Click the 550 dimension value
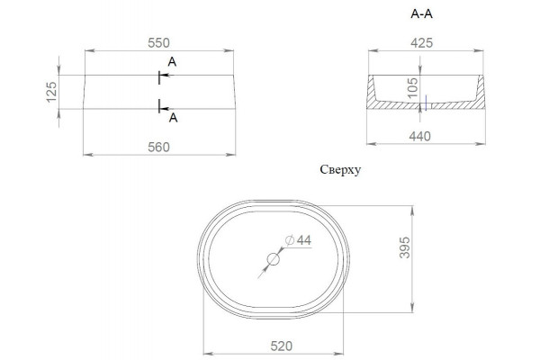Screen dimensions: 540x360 click(x=158, y=43)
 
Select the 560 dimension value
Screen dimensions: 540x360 click(x=158, y=148)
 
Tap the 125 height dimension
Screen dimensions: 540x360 click(x=51, y=92)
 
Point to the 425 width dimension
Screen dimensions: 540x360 click(x=421, y=43)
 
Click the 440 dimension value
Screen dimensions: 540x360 click(x=419, y=137)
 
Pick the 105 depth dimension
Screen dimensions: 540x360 click(x=412, y=87)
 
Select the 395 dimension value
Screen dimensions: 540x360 click(x=405, y=247)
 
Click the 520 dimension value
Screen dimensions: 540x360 click(x=282, y=346)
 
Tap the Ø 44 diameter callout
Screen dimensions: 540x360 click(x=298, y=240)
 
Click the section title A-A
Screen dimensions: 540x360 click(x=421, y=14)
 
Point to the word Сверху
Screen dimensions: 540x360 click(x=340, y=170)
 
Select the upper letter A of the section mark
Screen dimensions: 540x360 click(x=172, y=62)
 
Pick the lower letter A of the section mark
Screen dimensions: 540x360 click(x=173, y=118)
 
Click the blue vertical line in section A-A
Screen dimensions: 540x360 click(x=427, y=103)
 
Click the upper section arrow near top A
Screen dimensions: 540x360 click(x=166, y=75)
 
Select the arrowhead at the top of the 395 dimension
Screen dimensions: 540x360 click(x=412, y=210)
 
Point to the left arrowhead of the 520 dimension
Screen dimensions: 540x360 click(x=208, y=354)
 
